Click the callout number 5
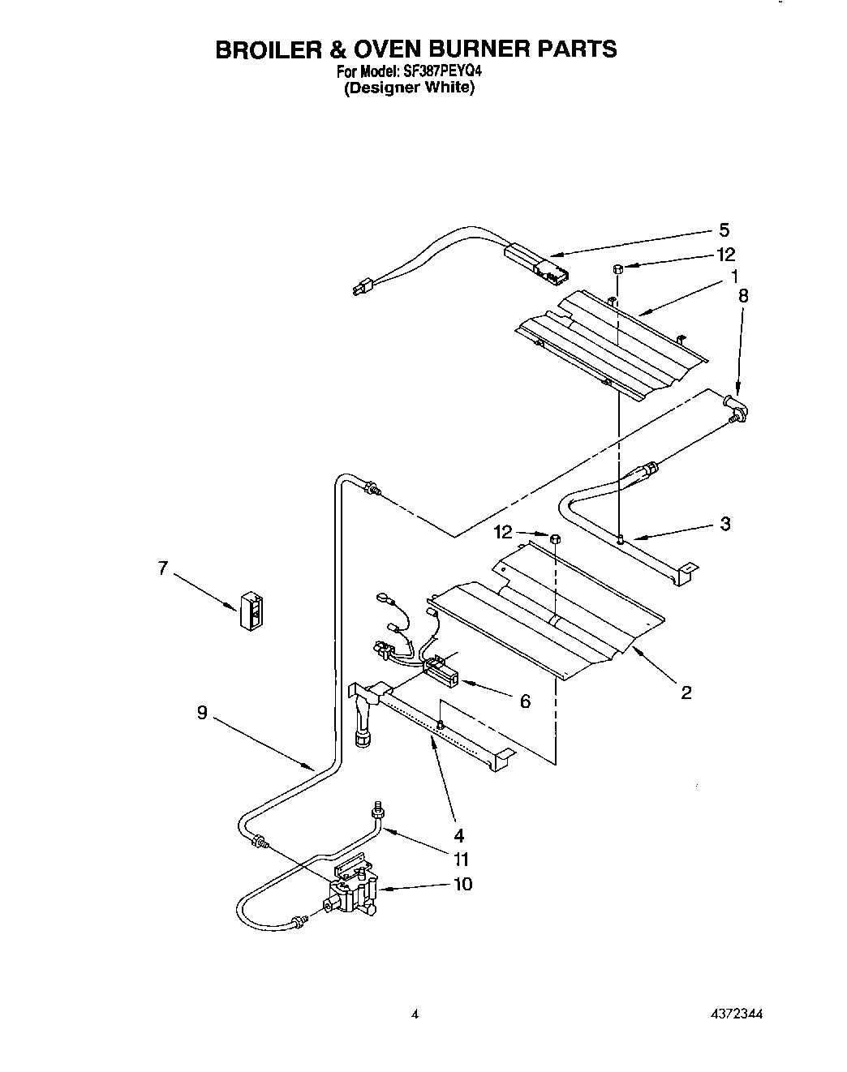click(x=724, y=229)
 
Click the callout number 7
click(x=163, y=568)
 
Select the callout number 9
click(x=201, y=712)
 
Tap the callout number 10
click(x=462, y=884)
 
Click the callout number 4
click(x=459, y=834)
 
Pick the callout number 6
click(x=525, y=701)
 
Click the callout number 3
click(x=724, y=523)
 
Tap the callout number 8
click(x=742, y=296)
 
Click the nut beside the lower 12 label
click(x=556, y=538)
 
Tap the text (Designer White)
click(x=408, y=88)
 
